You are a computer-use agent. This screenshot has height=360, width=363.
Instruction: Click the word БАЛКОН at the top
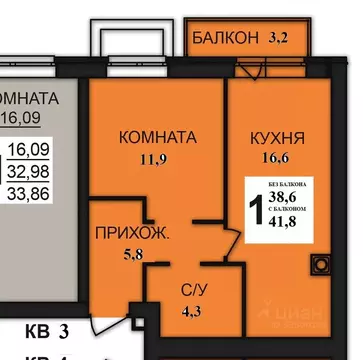[224, 40]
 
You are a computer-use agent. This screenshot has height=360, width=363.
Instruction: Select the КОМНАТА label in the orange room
[156, 137]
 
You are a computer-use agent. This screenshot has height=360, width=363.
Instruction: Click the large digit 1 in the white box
[257, 211]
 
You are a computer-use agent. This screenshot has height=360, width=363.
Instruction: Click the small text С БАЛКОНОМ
[291, 210]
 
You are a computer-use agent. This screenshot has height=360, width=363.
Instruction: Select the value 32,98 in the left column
[32, 171]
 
